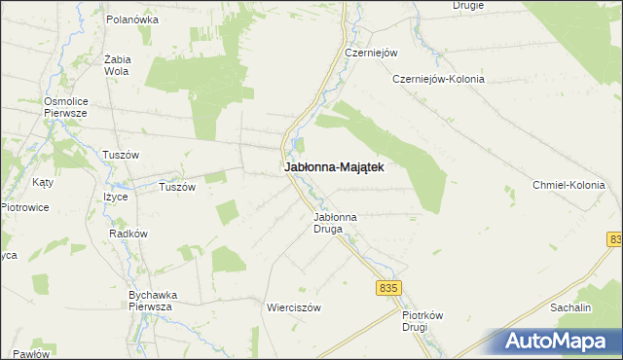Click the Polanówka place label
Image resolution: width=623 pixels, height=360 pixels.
pos(131,18)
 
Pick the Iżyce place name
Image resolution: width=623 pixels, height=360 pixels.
pos(117,197)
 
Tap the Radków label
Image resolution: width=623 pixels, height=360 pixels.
pos(128,234)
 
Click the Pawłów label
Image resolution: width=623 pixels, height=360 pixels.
pos(32,353)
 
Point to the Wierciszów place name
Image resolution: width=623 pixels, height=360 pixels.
pos(293,306)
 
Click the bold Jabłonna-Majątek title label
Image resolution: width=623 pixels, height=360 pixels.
pos(333,167)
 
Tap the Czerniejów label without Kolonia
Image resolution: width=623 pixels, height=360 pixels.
pos(366,53)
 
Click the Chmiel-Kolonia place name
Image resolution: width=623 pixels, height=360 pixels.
pos(568,185)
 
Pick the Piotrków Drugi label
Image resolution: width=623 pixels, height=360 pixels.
pos(422,321)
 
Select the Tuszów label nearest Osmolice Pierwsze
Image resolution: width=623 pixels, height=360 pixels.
pos(121,155)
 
